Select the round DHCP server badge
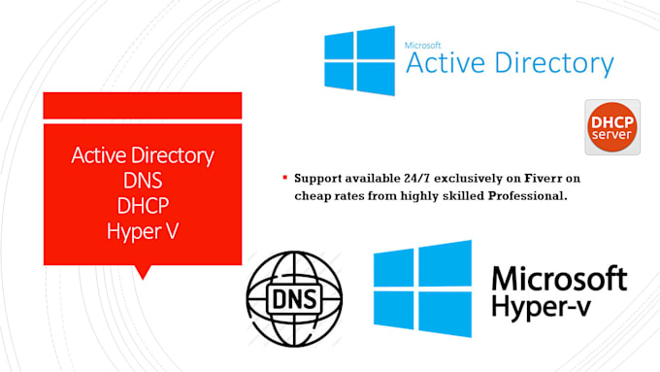(x=612, y=126)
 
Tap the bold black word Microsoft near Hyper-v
(x=559, y=280)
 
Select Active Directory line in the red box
(x=143, y=155)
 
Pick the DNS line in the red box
(x=143, y=180)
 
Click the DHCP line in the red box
(x=143, y=205)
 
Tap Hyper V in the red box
(x=143, y=230)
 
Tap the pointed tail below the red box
(x=144, y=271)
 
